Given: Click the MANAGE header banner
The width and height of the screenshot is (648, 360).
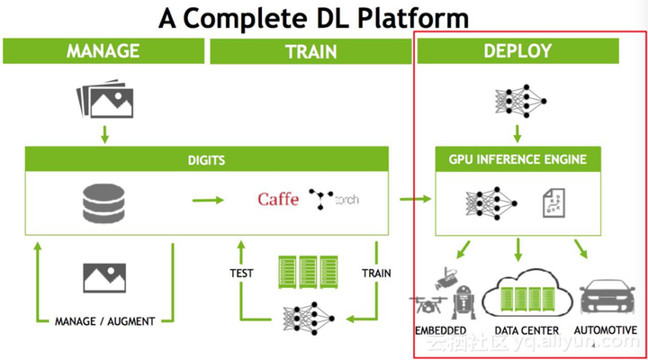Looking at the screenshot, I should [104, 51].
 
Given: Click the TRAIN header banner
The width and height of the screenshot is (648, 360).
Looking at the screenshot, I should [310, 52].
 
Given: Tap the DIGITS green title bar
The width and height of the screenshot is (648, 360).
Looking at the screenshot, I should [207, 160].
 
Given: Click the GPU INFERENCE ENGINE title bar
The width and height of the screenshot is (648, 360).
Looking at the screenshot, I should [517, 160].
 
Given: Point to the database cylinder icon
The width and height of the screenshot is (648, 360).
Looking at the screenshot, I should [102, 203].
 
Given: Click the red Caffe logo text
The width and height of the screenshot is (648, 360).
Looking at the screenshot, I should [278, 199].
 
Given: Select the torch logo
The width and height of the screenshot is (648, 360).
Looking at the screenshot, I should [332, 198].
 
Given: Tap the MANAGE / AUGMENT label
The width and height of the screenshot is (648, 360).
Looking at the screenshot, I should [105, 321].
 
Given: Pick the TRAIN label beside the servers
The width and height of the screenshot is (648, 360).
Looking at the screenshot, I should [376, 273].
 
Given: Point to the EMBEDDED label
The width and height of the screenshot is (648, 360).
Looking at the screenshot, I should [440, 331].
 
